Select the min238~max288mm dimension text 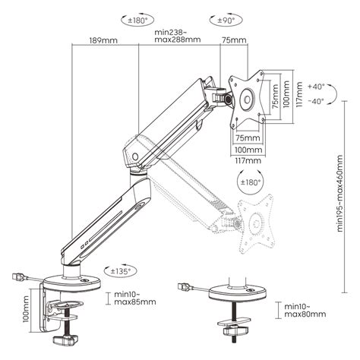176,36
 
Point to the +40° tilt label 316,86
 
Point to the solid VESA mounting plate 248,99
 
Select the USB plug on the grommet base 185,288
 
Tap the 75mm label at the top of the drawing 231,40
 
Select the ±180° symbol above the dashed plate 251,183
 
